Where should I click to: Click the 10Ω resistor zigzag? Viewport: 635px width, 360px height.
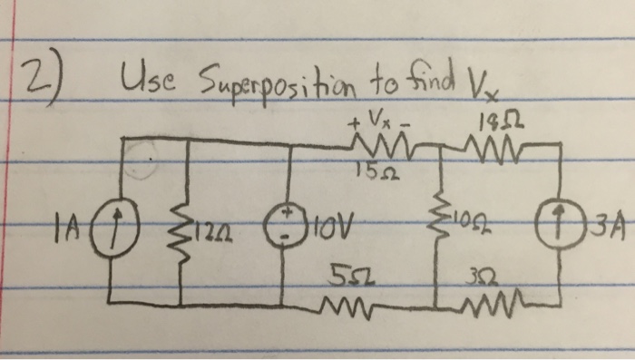click(x=438, y=220)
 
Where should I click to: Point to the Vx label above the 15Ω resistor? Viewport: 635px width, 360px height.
click(x=374, y=117)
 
